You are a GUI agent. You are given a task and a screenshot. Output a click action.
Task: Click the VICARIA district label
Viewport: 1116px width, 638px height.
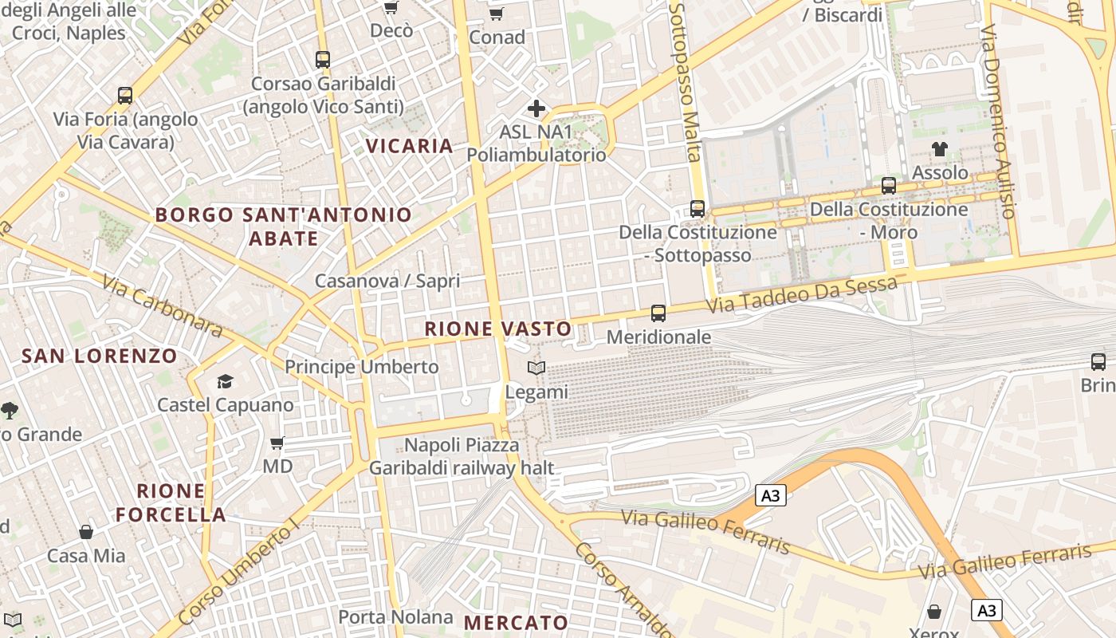point(409,146)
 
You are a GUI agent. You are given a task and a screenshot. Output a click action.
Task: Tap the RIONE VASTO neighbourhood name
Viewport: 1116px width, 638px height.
point(497,329)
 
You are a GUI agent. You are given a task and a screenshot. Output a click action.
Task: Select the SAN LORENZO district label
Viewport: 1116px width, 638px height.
point(100,356)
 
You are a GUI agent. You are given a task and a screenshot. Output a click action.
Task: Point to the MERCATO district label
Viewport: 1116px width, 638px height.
point(516,623)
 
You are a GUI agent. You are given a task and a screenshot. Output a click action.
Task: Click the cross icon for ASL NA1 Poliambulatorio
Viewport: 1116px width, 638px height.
point(536,108)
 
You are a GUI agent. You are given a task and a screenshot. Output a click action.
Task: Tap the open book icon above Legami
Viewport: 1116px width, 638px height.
point(536,368)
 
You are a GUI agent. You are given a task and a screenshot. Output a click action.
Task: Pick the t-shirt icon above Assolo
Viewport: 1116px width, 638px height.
point(940,149)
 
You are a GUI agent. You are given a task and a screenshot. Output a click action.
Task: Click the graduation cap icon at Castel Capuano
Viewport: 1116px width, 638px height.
point(225,381)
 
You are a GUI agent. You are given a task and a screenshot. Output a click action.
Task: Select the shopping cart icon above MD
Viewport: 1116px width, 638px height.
point(277,443)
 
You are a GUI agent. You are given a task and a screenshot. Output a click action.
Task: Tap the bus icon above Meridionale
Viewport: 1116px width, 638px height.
point(658,313)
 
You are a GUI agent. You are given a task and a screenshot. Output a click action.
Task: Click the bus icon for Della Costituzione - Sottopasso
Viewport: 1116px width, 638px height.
point(697,209)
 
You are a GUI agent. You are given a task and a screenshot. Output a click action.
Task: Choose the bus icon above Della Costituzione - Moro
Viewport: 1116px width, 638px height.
point(889,186)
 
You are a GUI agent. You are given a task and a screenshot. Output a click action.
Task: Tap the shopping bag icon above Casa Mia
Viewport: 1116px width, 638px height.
point(86,532)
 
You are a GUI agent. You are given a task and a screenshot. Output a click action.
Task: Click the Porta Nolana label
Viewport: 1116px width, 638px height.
point(395,617)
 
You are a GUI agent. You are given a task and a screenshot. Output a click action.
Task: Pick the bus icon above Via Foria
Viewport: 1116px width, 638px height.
point(125,96)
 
